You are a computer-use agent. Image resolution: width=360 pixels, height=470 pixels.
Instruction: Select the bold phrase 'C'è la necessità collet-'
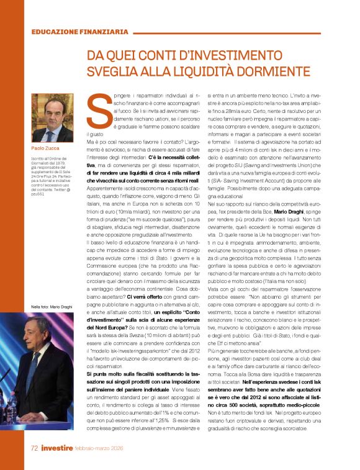(183, 158)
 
